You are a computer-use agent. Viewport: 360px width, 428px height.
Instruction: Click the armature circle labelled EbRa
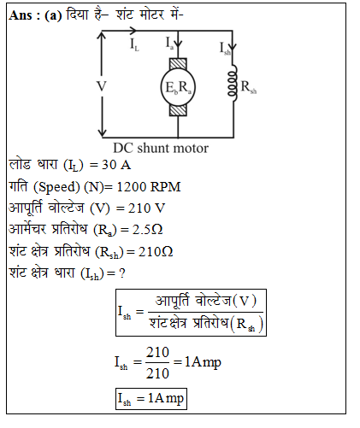(x=178, y=87)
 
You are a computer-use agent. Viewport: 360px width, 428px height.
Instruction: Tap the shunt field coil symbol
(x=233, y=83)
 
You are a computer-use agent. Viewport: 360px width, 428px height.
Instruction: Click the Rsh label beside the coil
(x=249, y=86)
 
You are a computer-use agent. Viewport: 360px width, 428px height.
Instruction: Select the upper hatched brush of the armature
(x=178, y=64)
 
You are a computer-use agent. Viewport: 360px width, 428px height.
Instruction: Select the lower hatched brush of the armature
(x=178, y=110)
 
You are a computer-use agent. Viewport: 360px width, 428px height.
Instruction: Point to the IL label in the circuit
(x=134, y=44)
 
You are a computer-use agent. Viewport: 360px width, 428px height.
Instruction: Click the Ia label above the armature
(x=169, y=43)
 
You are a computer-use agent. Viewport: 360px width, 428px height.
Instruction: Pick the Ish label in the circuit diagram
(x=225, y=48)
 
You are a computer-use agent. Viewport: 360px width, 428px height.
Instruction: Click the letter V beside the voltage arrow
(x=102, y=86)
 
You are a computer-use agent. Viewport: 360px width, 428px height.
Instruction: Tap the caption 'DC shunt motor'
(x=161, y=149)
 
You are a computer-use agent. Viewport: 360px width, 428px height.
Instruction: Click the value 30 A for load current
(x=116, y=165)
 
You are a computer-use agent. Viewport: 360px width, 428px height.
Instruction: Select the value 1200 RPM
(x=149, y=187)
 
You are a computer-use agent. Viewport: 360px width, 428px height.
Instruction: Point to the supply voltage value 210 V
(x=146, y=208)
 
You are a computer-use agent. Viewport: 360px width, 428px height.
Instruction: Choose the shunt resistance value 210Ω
(x=156, y=251)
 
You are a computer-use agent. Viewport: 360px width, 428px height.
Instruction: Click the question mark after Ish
(x=122, y=273)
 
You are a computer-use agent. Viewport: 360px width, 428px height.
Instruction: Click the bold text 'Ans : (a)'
(x=35, y=15)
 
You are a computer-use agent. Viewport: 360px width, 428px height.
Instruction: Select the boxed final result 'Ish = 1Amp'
(x=151, y=399)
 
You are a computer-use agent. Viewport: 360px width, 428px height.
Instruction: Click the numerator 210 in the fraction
(x=157, y=353)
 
